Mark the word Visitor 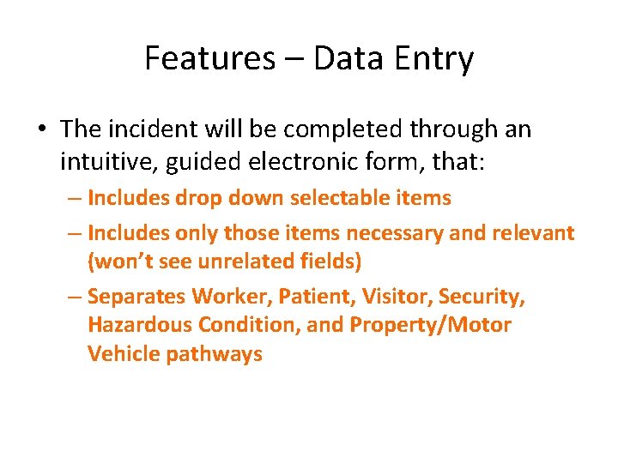(x=396, y=297)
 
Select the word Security (x=482, y=297)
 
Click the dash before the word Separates (x=76, y=297)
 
